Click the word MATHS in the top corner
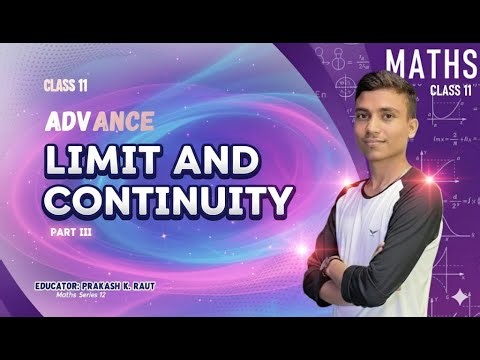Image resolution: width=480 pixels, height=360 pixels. click(x=431, y=64)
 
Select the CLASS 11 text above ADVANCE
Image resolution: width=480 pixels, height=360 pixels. click(x=63, y=85)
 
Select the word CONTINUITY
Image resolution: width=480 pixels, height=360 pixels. click(x=170, y=200)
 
